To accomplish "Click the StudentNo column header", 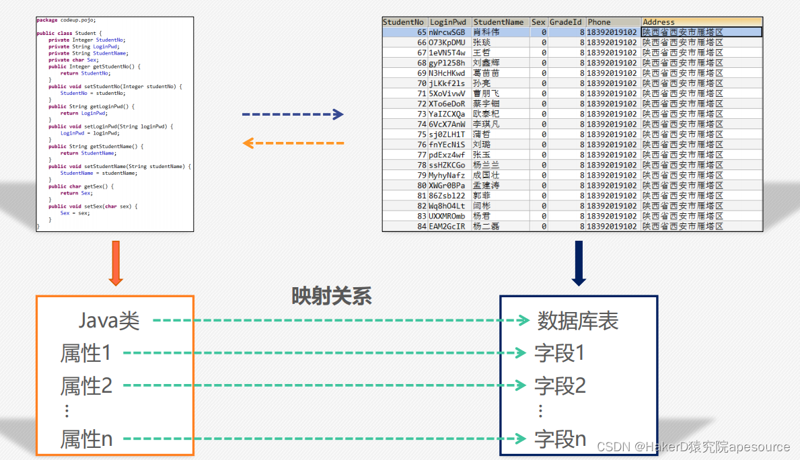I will pos(404,22).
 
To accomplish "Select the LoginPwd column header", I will pos(449,22).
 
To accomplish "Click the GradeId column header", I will pos(566,22).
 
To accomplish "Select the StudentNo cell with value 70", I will pos(422,83).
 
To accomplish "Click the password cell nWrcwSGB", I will pos(447,32).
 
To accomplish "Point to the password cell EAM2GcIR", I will pos(447,227).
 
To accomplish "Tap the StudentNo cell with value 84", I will pos(422,227).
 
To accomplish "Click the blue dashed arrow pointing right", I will pos(293,115).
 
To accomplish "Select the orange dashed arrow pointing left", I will pos(293,143).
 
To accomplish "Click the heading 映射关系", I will pos(331,297).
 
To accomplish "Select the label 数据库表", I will pos(577,321).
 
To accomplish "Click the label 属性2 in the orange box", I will pos(86,386).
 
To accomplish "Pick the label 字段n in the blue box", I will pos(560,440).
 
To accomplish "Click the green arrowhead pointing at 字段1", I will pos(520,352).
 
